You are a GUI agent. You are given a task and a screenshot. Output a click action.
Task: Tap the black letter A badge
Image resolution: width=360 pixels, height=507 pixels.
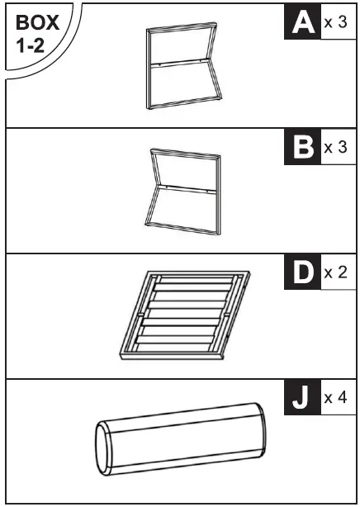pos(302,22)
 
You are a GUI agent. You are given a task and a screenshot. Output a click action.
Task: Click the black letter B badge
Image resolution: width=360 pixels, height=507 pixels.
pos(302,148)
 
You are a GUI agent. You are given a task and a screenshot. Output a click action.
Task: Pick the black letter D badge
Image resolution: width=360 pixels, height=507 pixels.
pos(302,272)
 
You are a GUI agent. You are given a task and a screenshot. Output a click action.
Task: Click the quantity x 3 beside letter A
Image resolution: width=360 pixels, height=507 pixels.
pos(336,22)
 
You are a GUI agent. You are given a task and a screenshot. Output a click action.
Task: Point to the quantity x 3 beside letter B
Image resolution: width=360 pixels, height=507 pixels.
pos(336,148)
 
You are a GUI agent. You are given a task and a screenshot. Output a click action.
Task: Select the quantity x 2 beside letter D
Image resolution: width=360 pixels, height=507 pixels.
pos(336,272)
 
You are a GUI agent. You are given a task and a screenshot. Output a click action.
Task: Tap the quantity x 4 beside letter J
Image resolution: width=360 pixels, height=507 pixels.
pos(336,398)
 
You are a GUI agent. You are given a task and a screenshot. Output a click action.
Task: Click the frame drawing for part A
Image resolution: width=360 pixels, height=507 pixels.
pos(182,68)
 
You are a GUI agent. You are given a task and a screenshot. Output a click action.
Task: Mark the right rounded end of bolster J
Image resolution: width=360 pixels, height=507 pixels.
pos(263,429)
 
